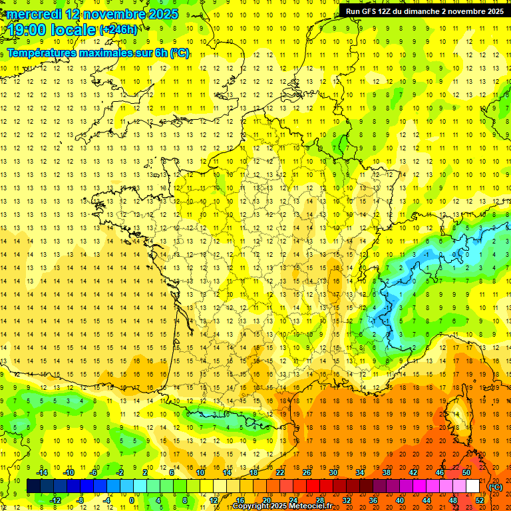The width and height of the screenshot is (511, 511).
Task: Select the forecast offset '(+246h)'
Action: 118,29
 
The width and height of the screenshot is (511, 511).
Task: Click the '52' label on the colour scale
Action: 480,500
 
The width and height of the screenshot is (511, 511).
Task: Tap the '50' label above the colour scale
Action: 466,472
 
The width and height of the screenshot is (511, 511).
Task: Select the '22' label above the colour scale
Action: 280,472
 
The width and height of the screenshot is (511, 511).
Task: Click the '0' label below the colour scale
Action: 131,500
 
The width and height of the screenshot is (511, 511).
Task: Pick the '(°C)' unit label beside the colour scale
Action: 496,486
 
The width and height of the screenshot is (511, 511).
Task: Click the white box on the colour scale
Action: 472,486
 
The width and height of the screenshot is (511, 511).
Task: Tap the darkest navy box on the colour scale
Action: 33,486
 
